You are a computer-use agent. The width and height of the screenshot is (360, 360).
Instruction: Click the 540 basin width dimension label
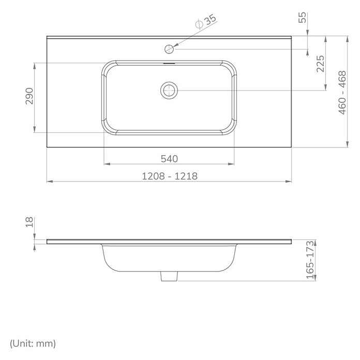pyautogui.click(x=169, y=159)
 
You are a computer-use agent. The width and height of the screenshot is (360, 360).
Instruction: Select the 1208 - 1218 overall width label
pyautogui.click(x=170, y=176)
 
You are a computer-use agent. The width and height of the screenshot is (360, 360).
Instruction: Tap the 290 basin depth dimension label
pyautogui.click(x=29, y=96)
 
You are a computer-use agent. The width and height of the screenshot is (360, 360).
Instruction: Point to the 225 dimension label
pyautogui.click(x=321, y=64)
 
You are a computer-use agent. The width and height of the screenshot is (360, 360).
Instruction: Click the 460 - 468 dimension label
pyautogui.click(x=342, y=93)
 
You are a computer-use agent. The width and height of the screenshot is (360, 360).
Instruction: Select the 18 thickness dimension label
pyautogui.click(x=29, y=222)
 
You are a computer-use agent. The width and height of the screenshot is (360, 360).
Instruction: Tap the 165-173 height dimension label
pyautogui.click(x=310, y=260)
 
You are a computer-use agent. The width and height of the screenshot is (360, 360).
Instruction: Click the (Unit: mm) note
pyautogui.click(x=33, y=343)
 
